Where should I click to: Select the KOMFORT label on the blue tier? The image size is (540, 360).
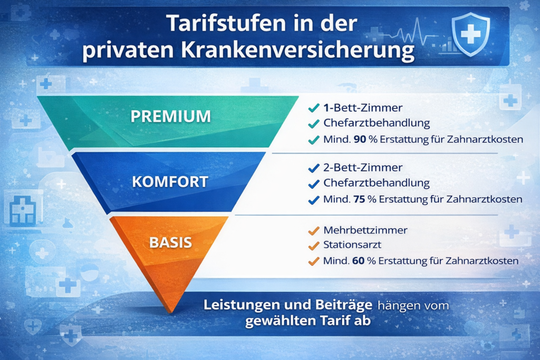(170, 182)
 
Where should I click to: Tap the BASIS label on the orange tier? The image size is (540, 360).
(170, 243)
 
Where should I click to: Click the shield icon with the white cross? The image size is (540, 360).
(471, 35)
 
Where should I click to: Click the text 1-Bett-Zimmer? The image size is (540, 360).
(362, 108)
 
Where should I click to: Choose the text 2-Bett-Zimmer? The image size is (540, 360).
(362, 168)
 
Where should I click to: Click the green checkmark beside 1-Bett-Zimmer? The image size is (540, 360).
(313, 109)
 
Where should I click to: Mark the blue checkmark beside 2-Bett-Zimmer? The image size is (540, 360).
(313, 169)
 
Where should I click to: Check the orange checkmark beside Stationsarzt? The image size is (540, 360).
(313, 246)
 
